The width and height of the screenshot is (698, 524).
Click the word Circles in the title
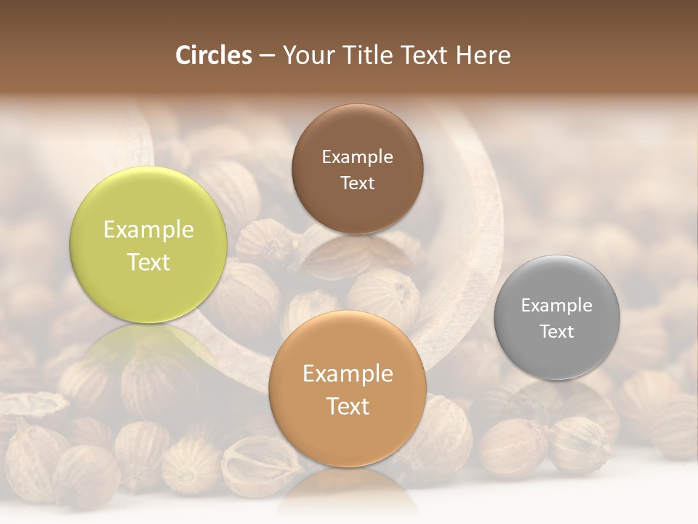[214, 55]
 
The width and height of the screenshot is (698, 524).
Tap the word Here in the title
[483, 55]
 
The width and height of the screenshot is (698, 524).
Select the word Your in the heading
[305, 55]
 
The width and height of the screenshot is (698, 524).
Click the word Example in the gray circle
[557, 306]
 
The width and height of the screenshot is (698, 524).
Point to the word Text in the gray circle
[557, 332]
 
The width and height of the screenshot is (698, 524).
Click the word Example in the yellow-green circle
[148, 230]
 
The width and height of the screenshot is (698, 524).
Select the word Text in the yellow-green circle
[148, 263]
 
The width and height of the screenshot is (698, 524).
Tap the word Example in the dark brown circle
[357, 157]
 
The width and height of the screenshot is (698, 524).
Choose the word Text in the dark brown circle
[357, 183]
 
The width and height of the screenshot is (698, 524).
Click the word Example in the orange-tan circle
[348, 374]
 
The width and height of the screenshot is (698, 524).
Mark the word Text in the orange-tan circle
[348, 407]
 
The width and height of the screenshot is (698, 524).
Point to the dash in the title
[267, 56]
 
